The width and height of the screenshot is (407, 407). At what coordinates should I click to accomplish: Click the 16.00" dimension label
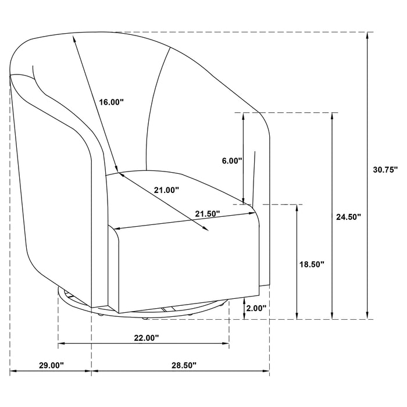point(112,102)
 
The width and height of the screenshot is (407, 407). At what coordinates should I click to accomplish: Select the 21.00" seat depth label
point(166,190)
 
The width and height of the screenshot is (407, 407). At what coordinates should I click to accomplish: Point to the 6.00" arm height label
point(232,161)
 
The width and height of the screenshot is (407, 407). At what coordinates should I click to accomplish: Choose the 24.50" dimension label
point(349,216)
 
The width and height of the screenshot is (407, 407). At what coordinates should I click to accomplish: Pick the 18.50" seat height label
point(312,264)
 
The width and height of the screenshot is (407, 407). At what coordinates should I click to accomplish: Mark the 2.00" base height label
point(256,308)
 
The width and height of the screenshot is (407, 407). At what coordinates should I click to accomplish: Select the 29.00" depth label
point(51,365)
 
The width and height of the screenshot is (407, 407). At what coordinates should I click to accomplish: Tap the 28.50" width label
point(184,365)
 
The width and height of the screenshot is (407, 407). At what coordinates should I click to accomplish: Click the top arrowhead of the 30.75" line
point(369,35)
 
